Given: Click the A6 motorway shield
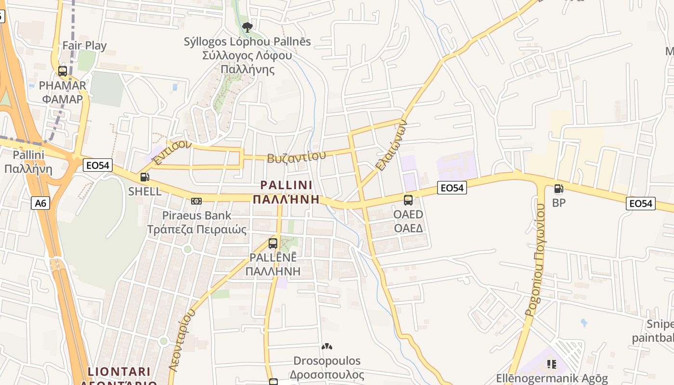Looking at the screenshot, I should pyautogui.click(x=41, y=203).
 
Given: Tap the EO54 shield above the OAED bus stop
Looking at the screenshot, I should pyautogui.click(x=452, y=188).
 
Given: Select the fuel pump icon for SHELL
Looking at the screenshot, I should pyautogui.click(x=144, y=177).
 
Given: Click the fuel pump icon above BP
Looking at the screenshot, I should pyautogui.click(x=558, y=189).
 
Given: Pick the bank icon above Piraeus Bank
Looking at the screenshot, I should pyautogui.click(x=196, y=201).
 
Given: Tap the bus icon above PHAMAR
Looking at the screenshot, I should pyautogui.click(x=63, y=71).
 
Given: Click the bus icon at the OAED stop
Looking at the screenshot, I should pyautogui.click(x=408, y=200).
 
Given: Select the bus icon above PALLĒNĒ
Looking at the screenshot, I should pyautogui.click(x=273, y=244).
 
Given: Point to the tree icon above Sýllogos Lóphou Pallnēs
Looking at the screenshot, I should pyautogui.click(x=247, y=27).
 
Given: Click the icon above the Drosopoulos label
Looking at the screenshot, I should pyautogui.click(x=327, y=346).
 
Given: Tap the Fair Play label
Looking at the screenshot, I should pyautogui.click(x=85, y=46).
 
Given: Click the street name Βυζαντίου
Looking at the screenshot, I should pyautogui.click(x=296, y=157).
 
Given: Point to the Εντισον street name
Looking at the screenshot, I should pyautogui.click(x=171, y=153).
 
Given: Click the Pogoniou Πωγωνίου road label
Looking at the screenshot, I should pyautogui.click(x=535, y=260).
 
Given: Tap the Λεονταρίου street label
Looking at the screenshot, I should pyautogui.click(x=182, y=339).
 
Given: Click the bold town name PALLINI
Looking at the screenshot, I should pyautogui.click(x=286, y=185).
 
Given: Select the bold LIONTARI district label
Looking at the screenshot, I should pyautogui.click(x=119, y=372).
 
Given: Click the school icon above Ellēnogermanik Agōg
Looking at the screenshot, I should pyautogui.click(x=552, y=364).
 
